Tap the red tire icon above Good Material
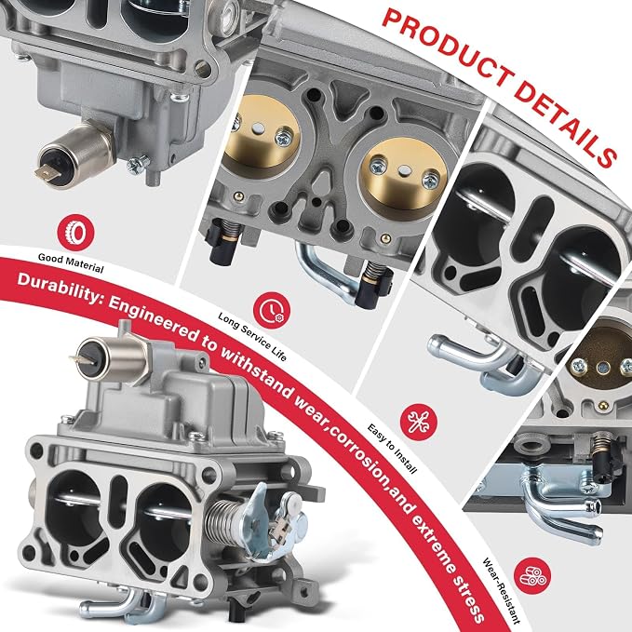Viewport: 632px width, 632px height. pos(75,233)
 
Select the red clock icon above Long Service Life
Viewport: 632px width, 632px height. pos(272,310)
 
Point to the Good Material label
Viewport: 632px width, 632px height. pos(71,262)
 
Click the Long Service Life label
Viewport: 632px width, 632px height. pos(252,337)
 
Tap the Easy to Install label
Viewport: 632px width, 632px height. pos(392,449)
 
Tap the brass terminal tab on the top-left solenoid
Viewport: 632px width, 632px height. pos(45,174)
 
